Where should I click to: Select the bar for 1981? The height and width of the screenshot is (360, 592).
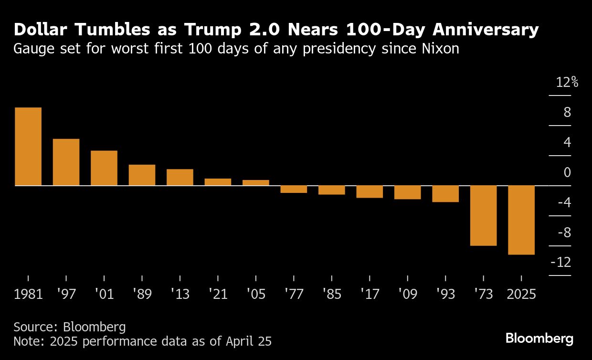coord(28,146)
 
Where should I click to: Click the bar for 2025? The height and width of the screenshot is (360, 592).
coord(521,220)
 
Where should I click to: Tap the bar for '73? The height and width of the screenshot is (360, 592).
coord(483,215)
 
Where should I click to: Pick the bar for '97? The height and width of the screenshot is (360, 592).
coord(66,162)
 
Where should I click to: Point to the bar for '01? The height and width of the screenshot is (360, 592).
coord(104,168)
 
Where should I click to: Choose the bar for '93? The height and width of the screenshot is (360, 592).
coord(445,193)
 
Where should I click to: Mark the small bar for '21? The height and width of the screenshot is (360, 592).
coord(218,182)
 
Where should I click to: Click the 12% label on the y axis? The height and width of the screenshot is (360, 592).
coord(567,83)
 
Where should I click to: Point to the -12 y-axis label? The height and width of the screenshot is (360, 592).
coord(561,263)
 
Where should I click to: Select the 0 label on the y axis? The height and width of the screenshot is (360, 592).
coord(567,172)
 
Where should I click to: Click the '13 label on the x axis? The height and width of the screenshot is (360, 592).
coord(180,294)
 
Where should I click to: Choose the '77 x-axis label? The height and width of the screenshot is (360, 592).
coord(293,294)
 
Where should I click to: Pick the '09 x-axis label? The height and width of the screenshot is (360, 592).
coord(407,294)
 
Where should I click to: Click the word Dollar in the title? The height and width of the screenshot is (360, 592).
coord(41,30)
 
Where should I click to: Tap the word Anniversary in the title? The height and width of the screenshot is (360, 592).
coord(486,30)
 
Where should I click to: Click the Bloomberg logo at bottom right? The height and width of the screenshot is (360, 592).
coord(539,339)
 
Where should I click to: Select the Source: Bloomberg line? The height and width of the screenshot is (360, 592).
coord(70,327)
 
